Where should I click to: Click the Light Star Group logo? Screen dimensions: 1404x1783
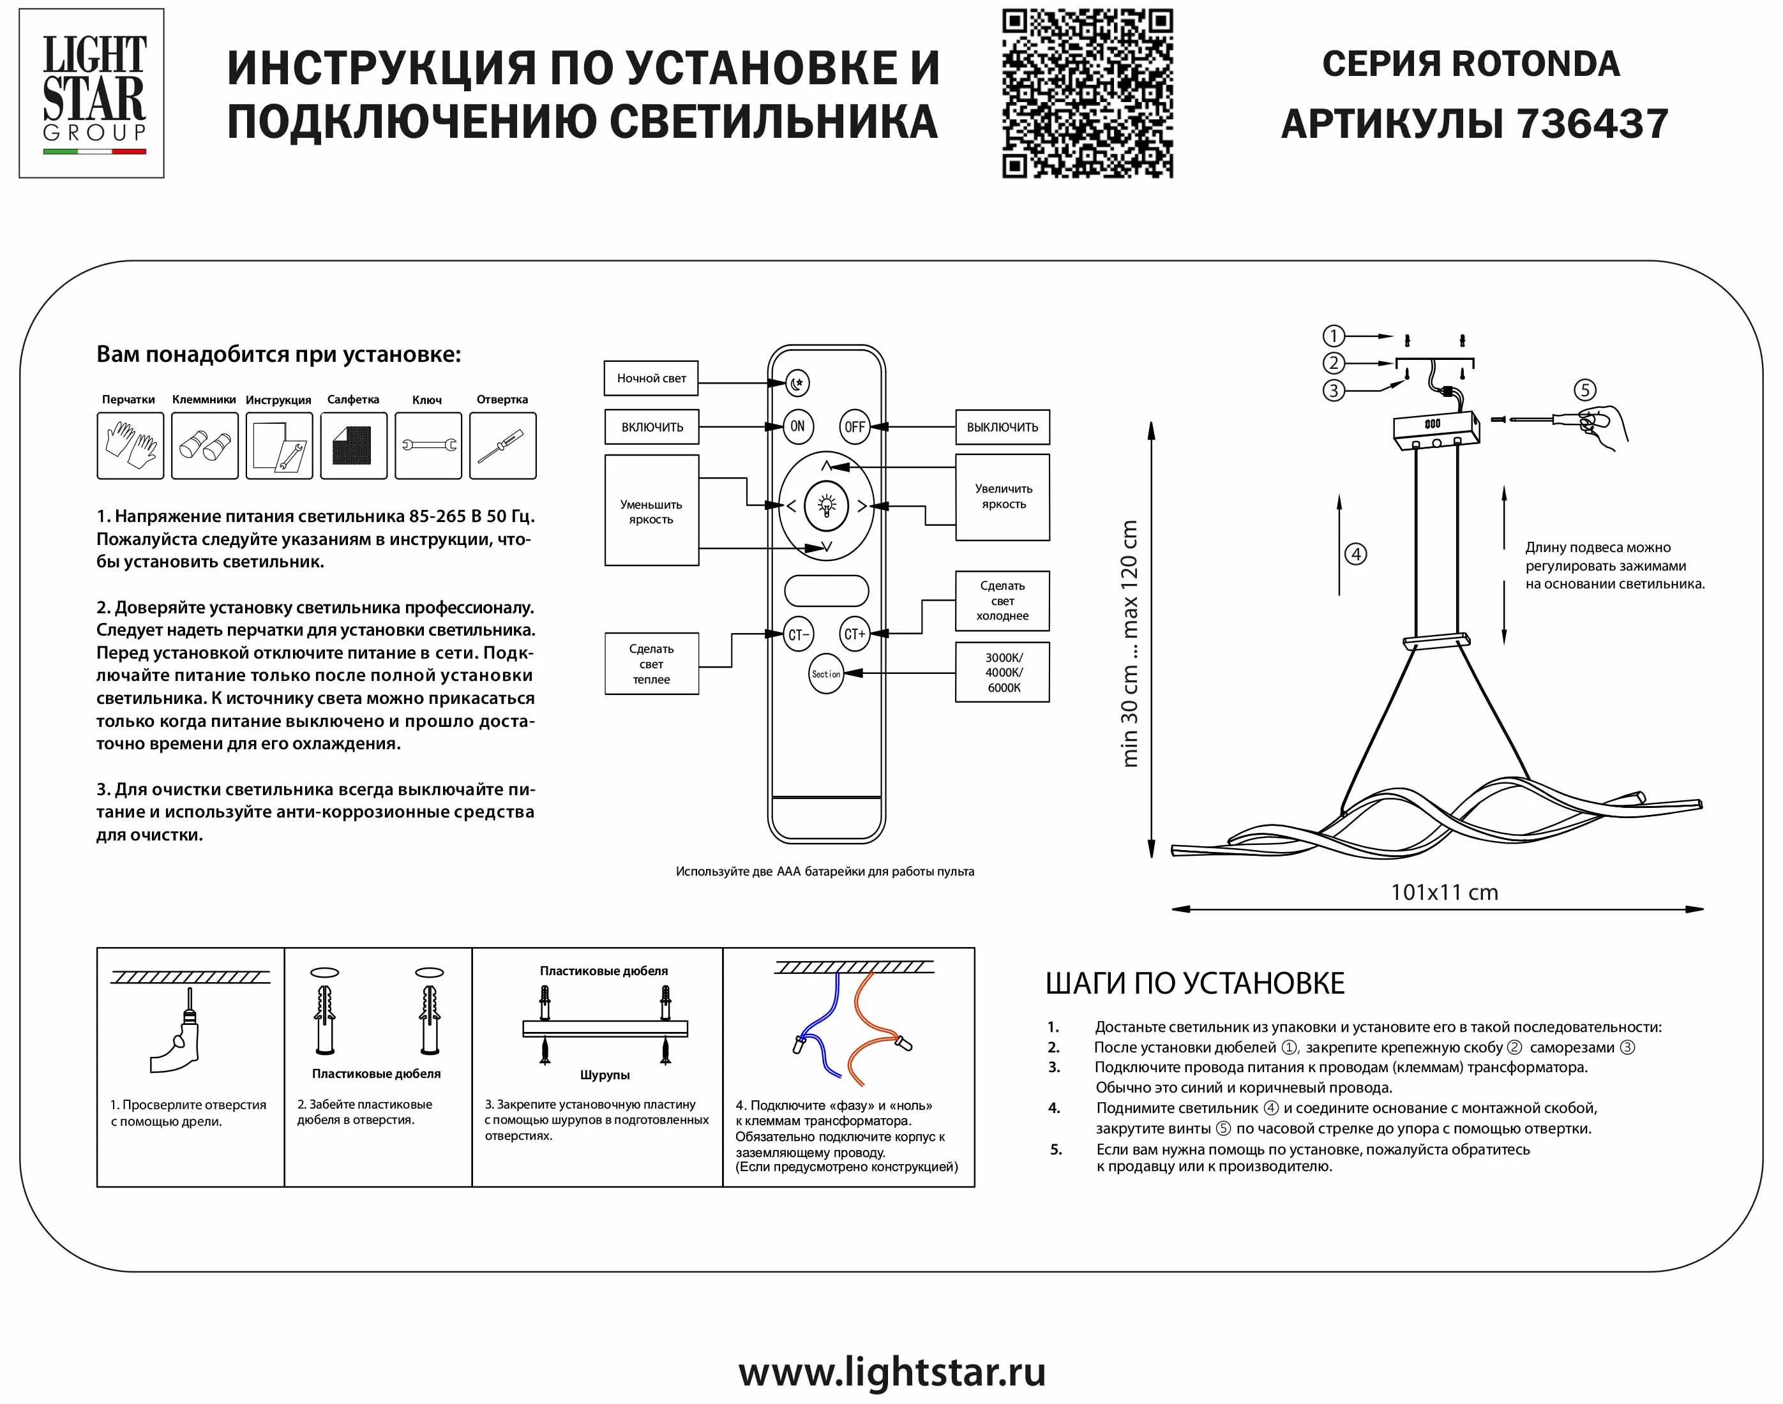click(92, 93)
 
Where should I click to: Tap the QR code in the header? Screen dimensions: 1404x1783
click(1087, 93)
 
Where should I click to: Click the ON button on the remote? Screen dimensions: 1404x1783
click(797, 426)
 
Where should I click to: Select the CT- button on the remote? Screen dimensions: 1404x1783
click(797, 634)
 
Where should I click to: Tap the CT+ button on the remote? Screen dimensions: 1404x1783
click(854, 634)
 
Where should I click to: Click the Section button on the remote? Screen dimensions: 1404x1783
click(826, 674)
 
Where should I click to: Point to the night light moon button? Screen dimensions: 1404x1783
click(797, 383)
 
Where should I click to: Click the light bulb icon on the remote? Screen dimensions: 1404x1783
click(826, 504)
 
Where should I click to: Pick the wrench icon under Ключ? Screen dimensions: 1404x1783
click(428, 445)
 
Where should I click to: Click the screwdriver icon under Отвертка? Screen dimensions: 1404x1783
click(502, 445)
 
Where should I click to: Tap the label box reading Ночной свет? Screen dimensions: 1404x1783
click(651, 379)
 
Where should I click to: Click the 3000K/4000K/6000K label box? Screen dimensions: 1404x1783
click(1002, 673)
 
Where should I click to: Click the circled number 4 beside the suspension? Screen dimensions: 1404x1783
click(1355, 554)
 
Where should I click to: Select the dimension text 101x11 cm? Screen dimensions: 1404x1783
click(1443, 893)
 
